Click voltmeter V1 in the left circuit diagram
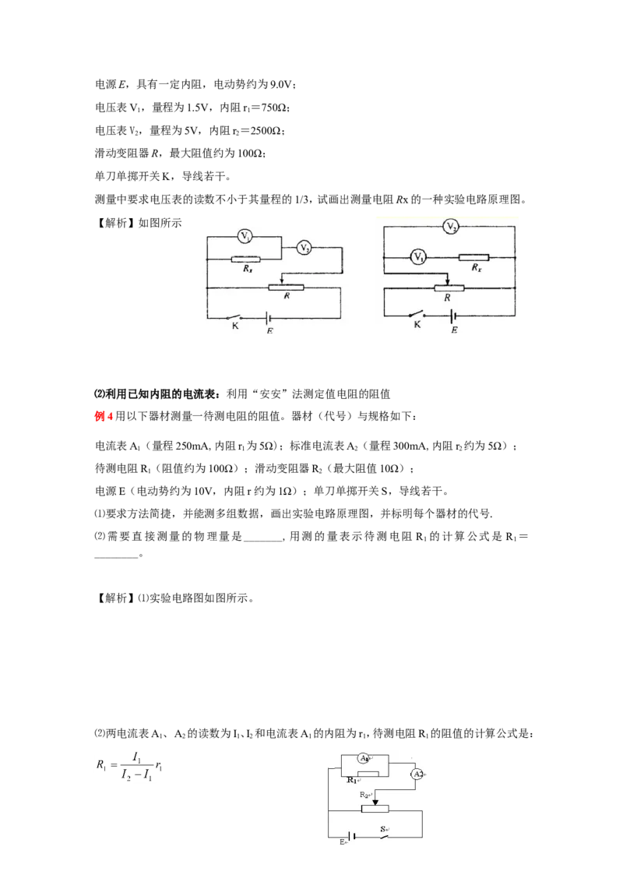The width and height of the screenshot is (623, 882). (245, 236)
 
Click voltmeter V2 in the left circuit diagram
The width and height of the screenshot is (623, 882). (304, 247)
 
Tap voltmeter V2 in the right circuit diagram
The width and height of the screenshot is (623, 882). (450, 226)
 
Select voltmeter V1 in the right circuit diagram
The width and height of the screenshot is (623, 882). (418, 257)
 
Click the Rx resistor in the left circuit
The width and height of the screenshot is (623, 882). (246, 259)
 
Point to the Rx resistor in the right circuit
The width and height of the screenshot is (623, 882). (473, 257)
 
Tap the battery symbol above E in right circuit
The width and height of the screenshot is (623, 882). (452, 316)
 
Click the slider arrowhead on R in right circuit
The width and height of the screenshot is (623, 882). (447, 282)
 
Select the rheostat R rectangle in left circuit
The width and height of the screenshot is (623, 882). (286, 288)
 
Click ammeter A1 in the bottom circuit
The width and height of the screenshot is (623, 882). (364, 758)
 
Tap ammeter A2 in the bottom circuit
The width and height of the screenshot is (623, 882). (417, 774)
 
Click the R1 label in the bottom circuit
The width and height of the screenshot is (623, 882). (352, 780)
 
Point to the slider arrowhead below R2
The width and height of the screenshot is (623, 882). (375, 802)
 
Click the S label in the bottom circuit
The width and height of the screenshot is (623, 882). (383, 828)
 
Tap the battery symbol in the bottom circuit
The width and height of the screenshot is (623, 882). (354, 837)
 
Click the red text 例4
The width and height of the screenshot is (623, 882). (104, 416)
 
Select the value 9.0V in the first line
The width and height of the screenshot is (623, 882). (281, 84)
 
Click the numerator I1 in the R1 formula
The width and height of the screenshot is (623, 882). (136, 757)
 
